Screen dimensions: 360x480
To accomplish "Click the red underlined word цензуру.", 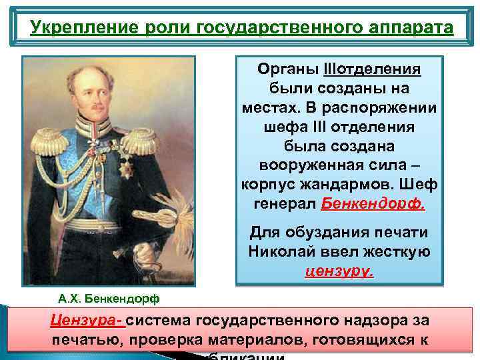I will tap(339, 271).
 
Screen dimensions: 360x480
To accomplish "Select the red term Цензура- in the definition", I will tap(87, 320).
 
